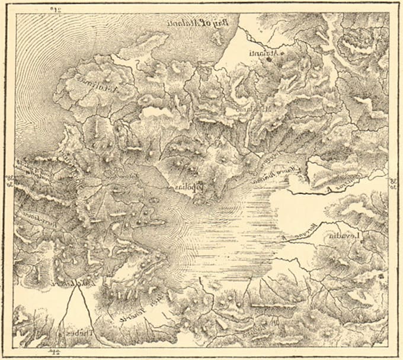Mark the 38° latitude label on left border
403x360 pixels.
tap(8, 179)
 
